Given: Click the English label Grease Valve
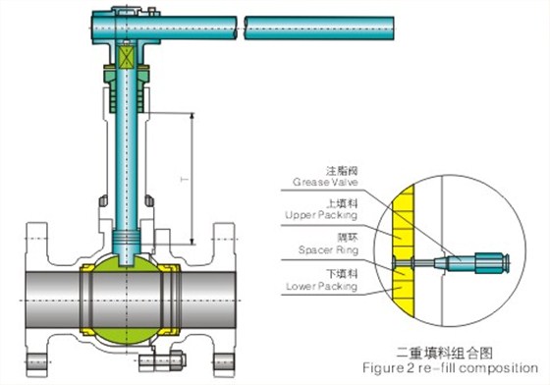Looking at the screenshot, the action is point(325,182).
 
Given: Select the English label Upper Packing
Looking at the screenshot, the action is point(321,214).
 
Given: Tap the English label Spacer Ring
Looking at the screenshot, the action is point(328,249).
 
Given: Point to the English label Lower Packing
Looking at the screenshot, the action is point(322,286).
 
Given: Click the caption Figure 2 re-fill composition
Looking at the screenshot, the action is point(450,368).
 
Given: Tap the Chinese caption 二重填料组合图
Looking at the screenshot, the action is point(444,353).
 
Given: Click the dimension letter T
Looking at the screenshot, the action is point(185,180).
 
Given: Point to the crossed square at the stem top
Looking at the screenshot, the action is point(127,58).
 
